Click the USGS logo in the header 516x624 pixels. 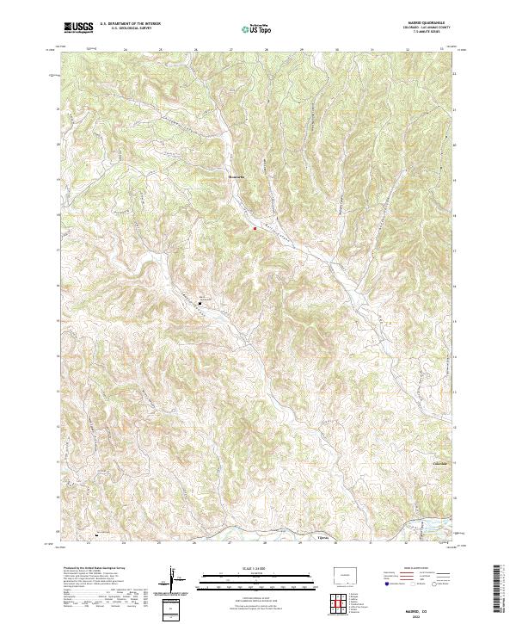tap(78, 28)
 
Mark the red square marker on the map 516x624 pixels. tap(255, 228)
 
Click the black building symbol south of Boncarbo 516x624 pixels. tap(201, 303)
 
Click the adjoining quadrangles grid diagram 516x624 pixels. tap(342, 602)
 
